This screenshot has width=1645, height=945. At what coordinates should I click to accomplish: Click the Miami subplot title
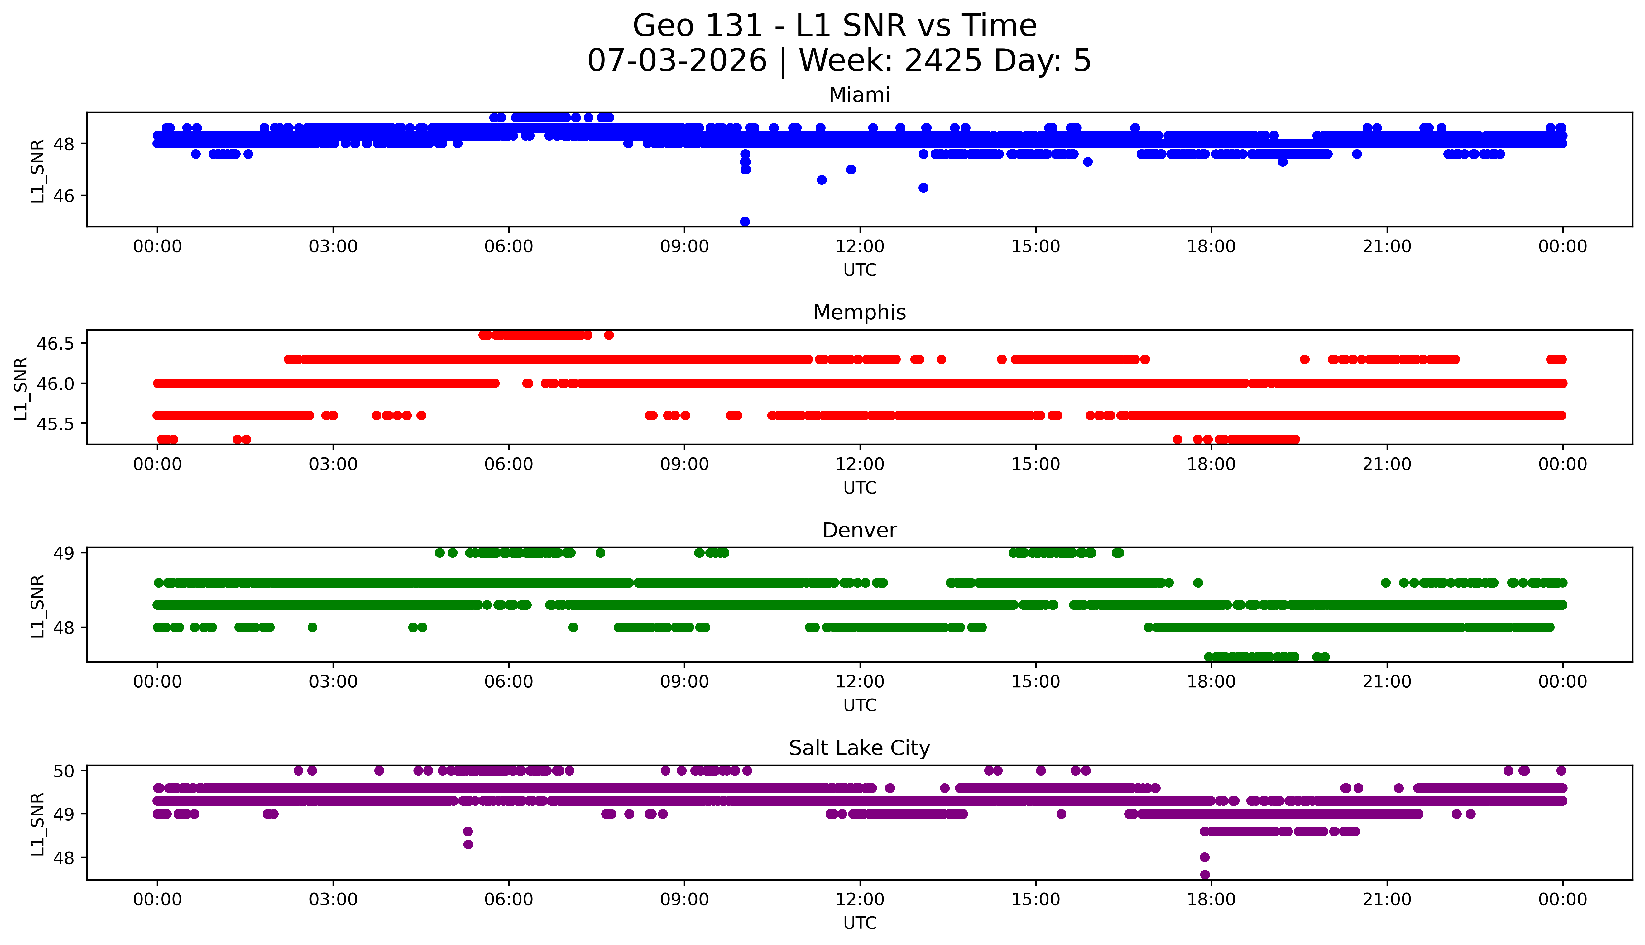pyautogui.click(x=860, y=95)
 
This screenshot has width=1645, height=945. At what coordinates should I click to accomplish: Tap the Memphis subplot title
pyautogui.click(x=860, y=313)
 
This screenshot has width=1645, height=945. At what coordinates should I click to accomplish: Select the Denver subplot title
pyautogui.click(x=860, y=530)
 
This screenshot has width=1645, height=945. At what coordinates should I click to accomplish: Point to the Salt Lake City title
pyautogui.click(x=860, y=748)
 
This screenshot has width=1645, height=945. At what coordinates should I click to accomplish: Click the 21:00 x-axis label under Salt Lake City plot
pyautogui.click(x=1387, y=900)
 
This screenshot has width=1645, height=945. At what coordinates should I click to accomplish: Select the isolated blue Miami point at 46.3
pyautogui.click(x=923, y=188)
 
